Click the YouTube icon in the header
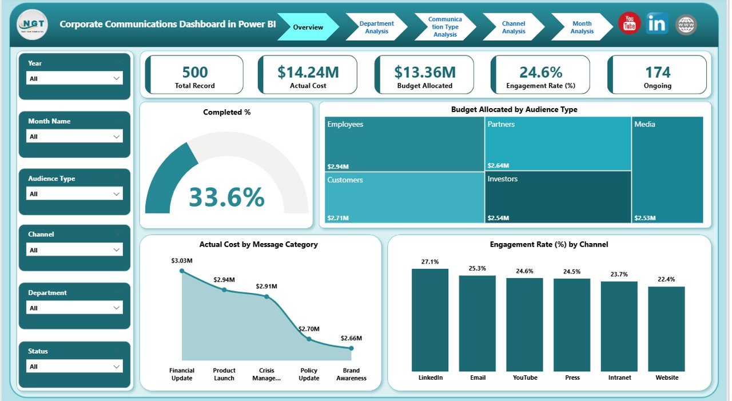click(x=629, y=23)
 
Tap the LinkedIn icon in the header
click(x=657, y=23)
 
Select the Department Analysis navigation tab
click(x=376, y=27)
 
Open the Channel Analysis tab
click(x=513, y=27)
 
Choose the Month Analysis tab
click(x=581, y=27)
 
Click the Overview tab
click(x=308, y=27)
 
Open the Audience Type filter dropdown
click(x=75, y=194)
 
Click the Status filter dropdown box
click(x=75, y=366)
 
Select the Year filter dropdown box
click(x=75, y=78)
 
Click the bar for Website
click(x=666, y=328)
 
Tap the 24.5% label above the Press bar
click(x=572, y=272)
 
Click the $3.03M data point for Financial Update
click(x=182, y=271)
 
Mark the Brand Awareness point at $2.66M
click(x=351, y=347)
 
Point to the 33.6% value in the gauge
click(x=226, y=197)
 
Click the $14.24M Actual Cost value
click(x=308, y=72)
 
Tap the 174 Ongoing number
click(x=658, y=72)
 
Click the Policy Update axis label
click(x=309, y=374)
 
